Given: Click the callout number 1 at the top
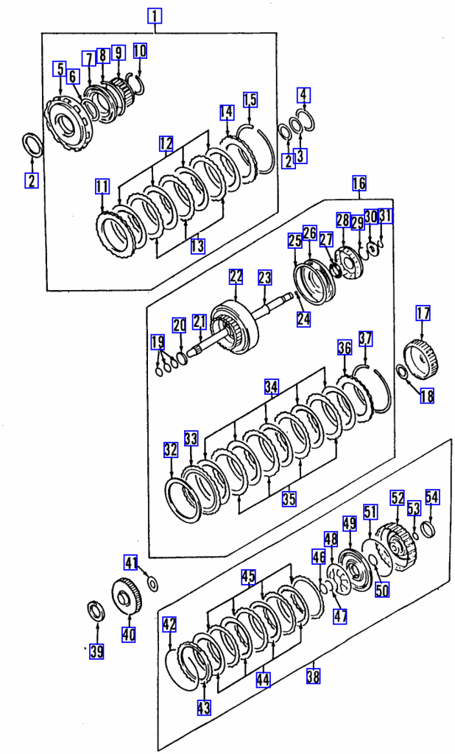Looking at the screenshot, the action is [x=155, y=16].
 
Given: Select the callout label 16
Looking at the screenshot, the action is [x=359, y=183].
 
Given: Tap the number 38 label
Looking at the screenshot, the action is [x=313, y=677].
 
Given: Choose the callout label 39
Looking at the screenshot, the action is [x=96, y=652].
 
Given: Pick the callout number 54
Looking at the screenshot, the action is [x=432, y=497].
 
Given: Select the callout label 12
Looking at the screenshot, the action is [x=166, y=144].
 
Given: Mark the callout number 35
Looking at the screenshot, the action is [x=289, y=498].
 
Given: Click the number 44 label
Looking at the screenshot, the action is [x=263, y=680].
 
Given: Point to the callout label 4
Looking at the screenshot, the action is [x=303, y=95].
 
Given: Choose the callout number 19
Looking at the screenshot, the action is [x=158, y=342].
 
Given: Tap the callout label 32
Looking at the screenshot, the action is [x=171, y=450].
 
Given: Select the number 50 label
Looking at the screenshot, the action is [x=382, y=590].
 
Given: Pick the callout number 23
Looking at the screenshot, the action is [x=264, y=278].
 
